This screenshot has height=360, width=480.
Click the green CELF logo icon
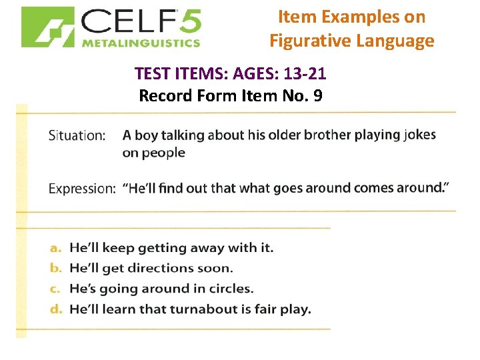point(47,27)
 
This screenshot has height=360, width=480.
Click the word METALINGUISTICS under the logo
point(141,43)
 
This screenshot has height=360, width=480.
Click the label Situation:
point(77,135)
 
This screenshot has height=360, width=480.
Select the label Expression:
point(81,189)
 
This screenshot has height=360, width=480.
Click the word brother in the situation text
point(327,135)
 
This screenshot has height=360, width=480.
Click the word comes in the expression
point(374,188)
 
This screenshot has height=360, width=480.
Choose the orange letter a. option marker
point(56,248)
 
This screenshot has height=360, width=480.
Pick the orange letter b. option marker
point(56,269)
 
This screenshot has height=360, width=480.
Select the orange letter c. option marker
point(56,289)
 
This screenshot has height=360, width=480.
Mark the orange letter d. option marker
point(56,309)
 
